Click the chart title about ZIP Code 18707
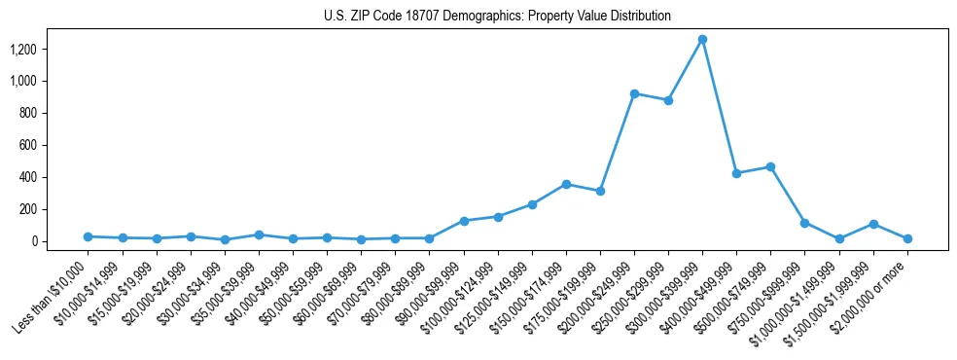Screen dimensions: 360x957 click(x=497, y=17)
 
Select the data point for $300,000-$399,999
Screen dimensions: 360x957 click(x=702, y=39)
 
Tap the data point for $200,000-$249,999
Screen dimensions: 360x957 click(x=634, y=93)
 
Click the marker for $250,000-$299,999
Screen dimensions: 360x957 click(x=668, y=100)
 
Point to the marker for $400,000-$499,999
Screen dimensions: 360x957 click(x=736, y=173)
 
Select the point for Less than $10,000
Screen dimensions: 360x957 click(x=89, y=236)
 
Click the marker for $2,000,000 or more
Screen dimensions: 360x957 click(x=906, y=238)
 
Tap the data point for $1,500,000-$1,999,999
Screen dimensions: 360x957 click(x=872, y=224)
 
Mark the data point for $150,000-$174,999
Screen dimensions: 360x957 click(x=566, y=184)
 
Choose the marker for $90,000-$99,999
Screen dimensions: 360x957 click(x=464, y=221)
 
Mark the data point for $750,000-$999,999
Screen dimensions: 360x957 click(x=804, y=223)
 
